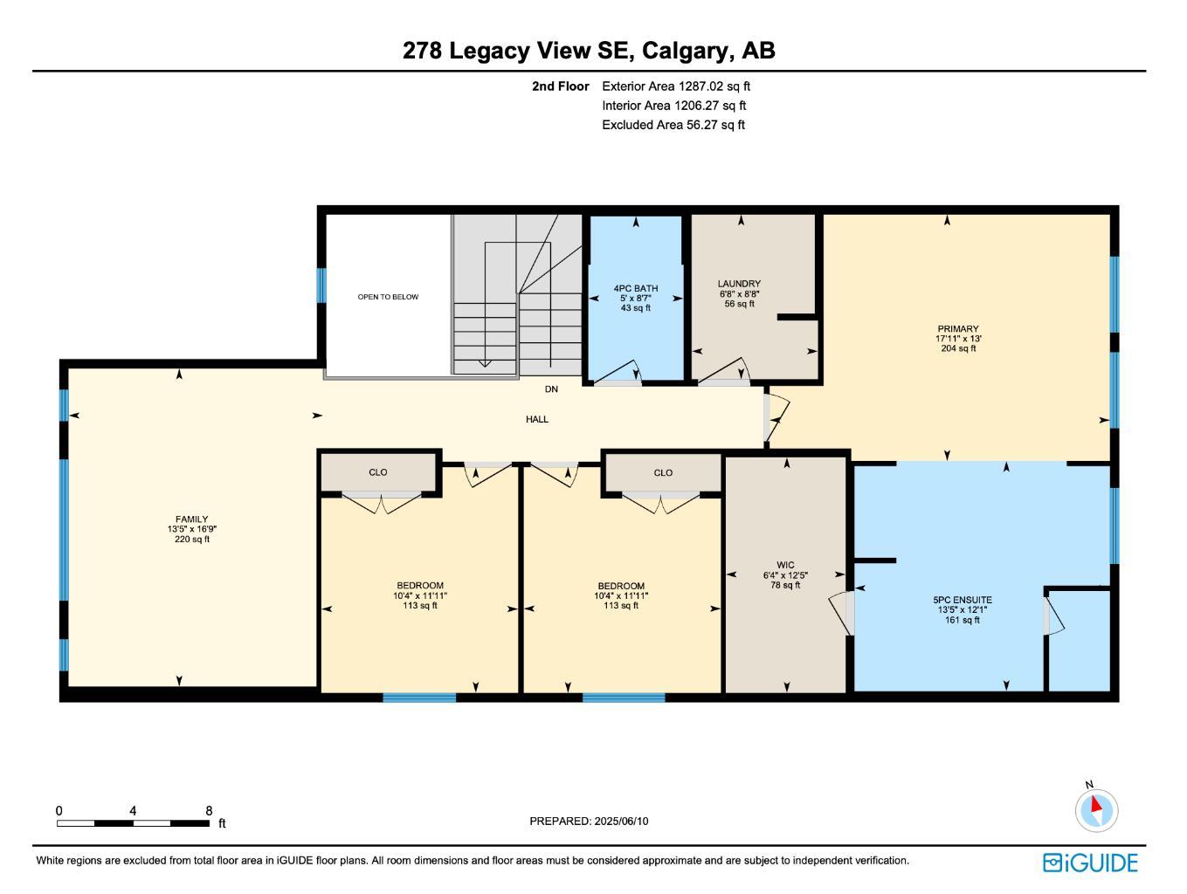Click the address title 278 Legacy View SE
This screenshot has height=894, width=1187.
tap(588, 51)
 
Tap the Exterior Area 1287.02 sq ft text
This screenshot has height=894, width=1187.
tap(675, 86)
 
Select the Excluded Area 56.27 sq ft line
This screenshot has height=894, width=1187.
tap(673, 125)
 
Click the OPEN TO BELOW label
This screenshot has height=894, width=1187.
tap(388, 297)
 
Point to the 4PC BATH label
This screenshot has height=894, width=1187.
tap(635, 289)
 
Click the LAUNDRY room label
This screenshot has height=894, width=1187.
tap(739, 284)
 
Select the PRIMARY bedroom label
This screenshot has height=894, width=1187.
tap(957, 329)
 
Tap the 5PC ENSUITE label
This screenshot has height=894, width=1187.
tap(962, 601)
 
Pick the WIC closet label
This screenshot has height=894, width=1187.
tap(785, 565)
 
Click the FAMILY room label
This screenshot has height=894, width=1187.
tap(191, 519)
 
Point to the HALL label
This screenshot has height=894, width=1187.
tap(537, 420)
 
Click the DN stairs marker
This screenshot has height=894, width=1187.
tap(551, 389)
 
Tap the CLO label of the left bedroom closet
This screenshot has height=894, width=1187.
tap(377, 472)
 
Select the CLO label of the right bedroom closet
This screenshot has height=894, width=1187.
tap(663, 473)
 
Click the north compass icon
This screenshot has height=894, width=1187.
tap(1095, 809)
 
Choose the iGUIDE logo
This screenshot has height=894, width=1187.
tap(1090, 863)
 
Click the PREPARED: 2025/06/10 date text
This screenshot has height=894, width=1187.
tap(589, 822)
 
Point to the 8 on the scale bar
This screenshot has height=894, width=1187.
tap(209, 811)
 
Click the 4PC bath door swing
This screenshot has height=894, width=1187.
tap(627, 372)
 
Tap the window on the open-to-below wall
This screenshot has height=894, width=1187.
tap(321, 285)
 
